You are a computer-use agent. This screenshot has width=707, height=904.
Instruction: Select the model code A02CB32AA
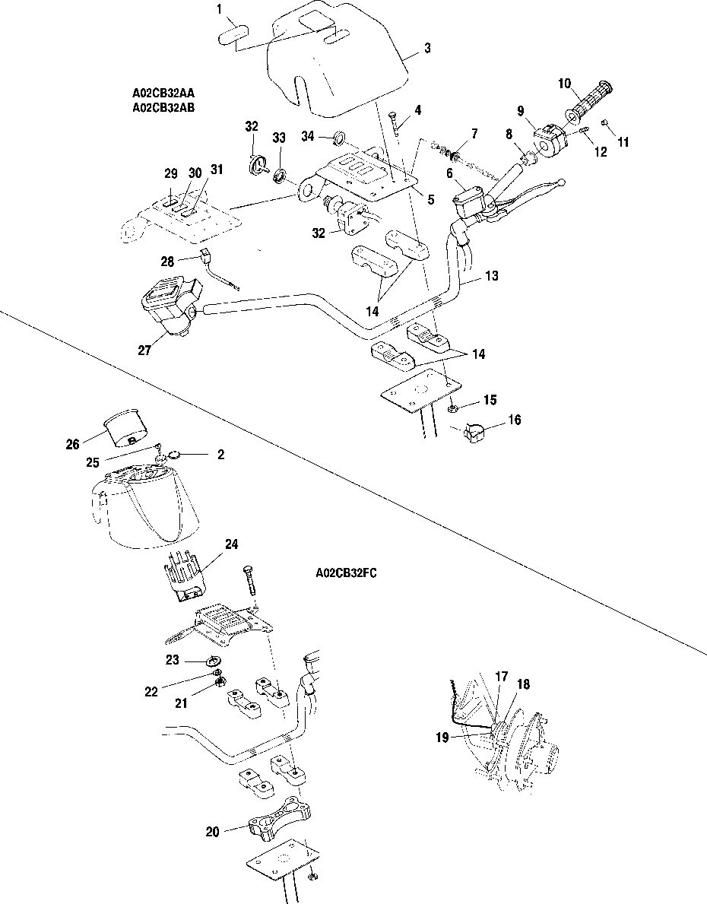click(x=163, y=93)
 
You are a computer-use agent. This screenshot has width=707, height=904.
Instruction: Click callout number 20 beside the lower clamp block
click(x=212, y=832)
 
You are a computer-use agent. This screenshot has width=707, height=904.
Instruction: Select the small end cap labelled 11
click(x=605, y=122)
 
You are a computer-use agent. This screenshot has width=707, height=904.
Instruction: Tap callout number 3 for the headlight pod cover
click(x=427, y=49)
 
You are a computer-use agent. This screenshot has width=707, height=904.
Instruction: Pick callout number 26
click(x=72, y=444)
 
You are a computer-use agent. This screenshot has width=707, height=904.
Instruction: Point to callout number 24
click(x=231, y=544)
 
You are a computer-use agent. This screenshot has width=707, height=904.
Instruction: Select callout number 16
click(x=514, y=418)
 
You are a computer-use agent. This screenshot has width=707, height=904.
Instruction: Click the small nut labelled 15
click(x=452, y=409)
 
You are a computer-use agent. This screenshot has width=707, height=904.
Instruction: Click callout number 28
click(x=168, y=262)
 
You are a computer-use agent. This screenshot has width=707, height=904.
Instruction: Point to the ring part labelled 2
click(x=174, y=455)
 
